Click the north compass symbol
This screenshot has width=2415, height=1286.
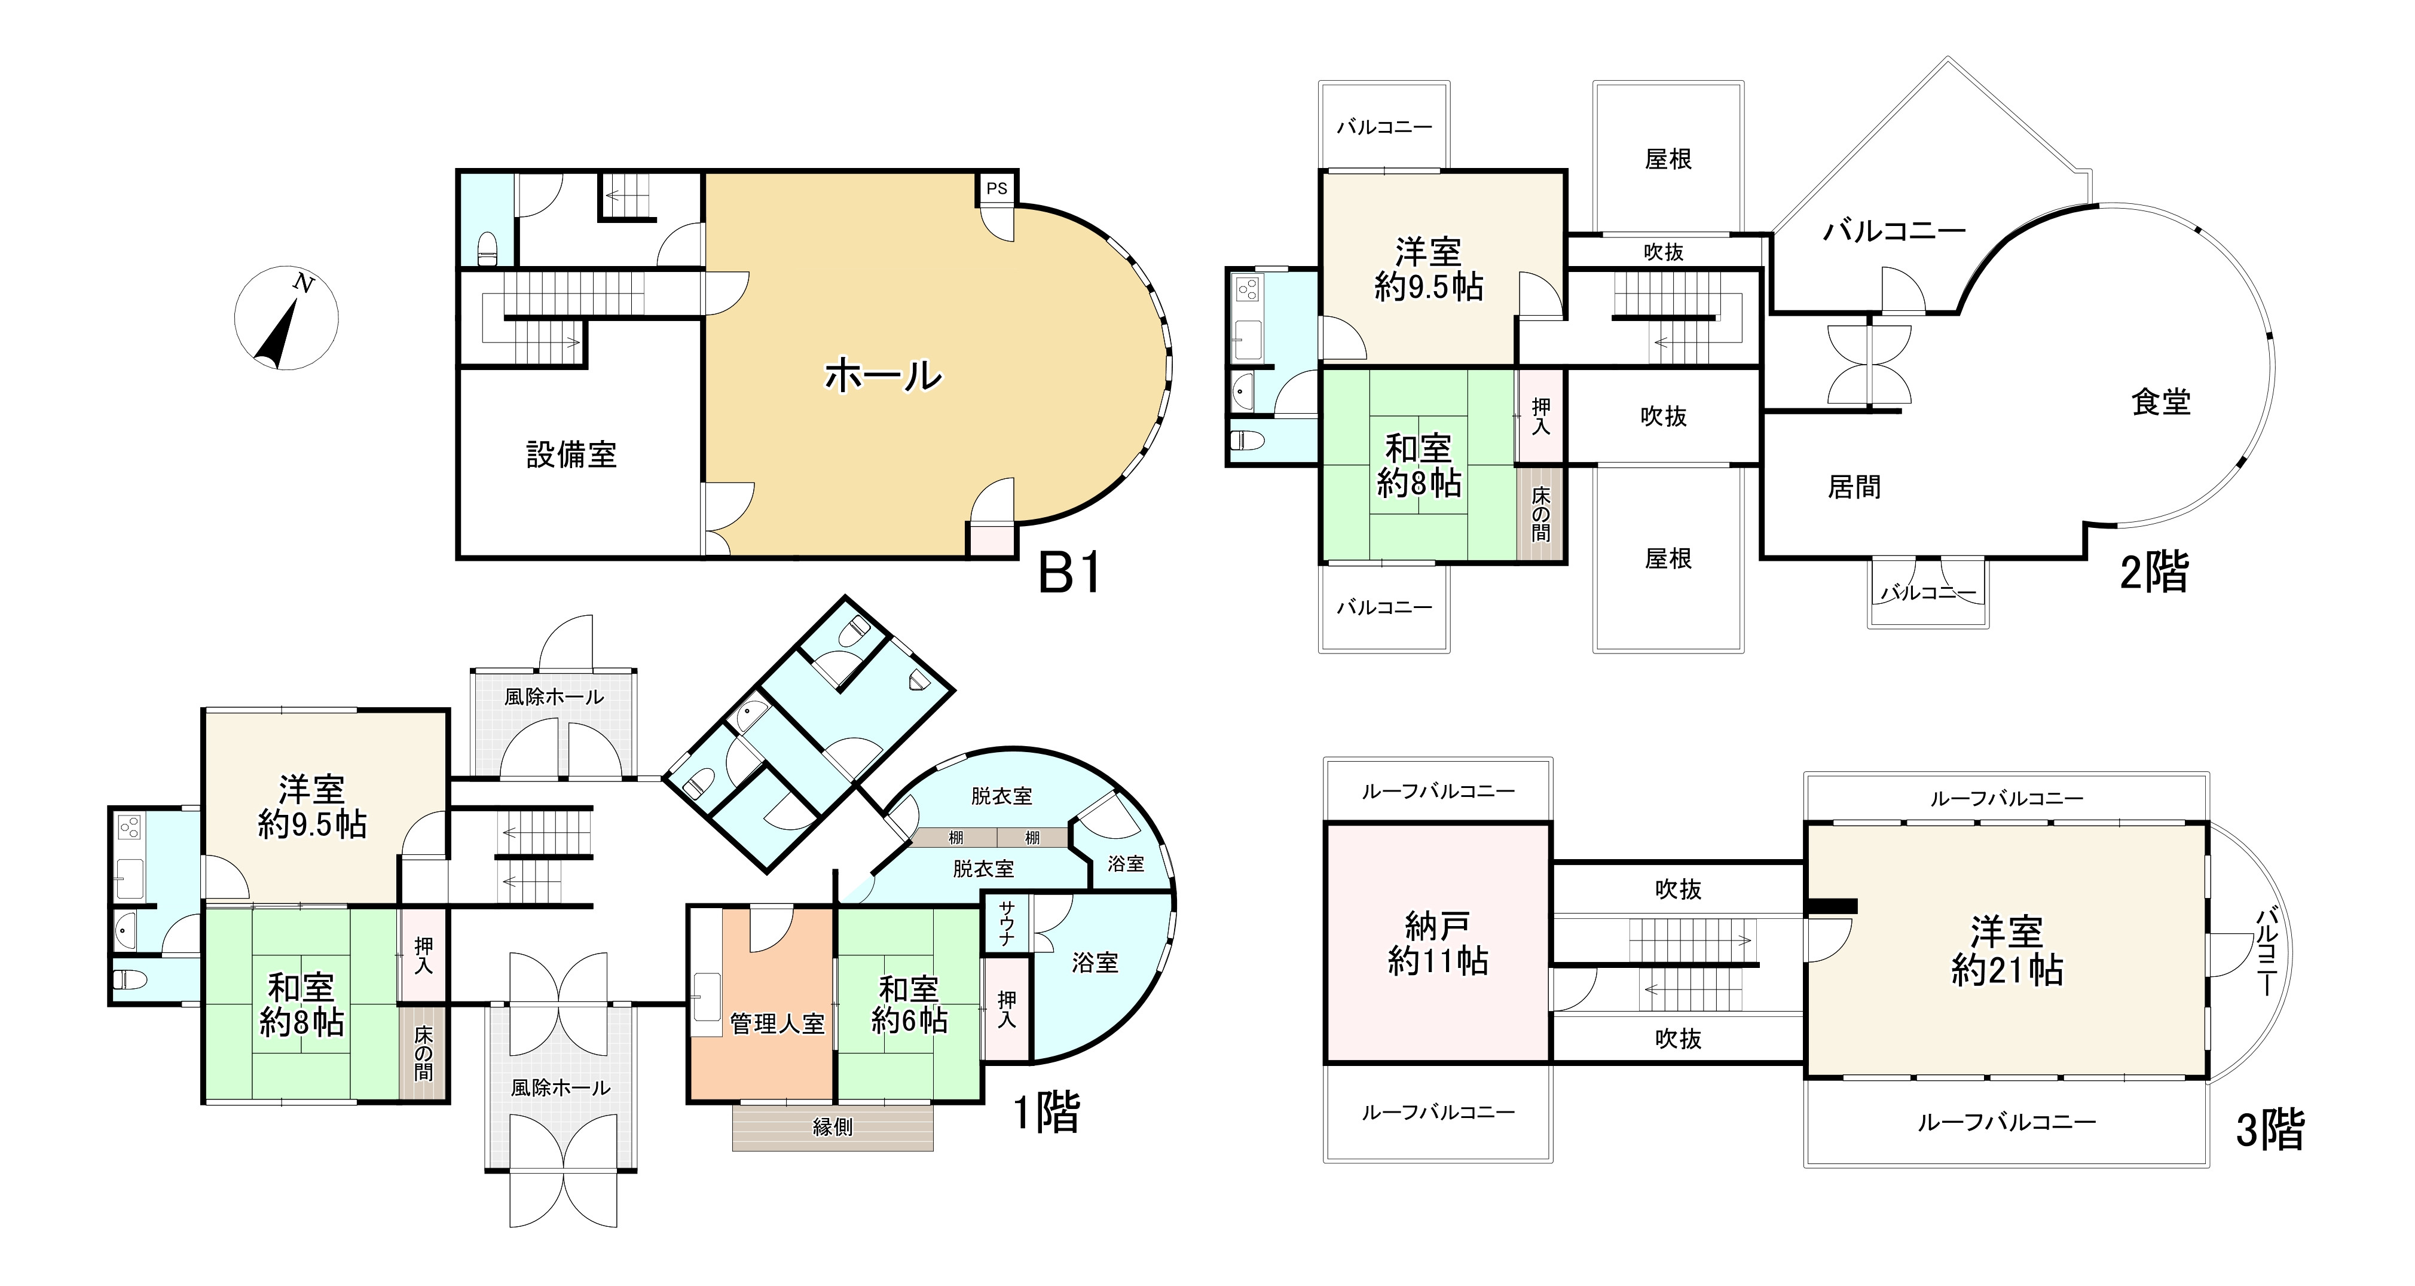click(286, 317)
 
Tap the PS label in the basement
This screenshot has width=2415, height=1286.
click(996, 188)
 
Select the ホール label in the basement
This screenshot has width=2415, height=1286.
click(882, 376)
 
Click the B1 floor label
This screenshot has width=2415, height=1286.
click(1069, 573)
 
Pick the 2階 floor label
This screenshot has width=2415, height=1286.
click(2153, 571)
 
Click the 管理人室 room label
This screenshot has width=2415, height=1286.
click(777, 1025)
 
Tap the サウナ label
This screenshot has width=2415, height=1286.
click(1006, 923)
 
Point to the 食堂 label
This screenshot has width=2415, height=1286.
click(2161, 402)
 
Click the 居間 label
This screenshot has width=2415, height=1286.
click(1854, 487)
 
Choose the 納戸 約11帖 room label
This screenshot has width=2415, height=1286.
click(1437, 944)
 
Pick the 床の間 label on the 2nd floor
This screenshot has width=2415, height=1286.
click(1540, 514)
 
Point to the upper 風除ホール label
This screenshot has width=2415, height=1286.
click(553, 697)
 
